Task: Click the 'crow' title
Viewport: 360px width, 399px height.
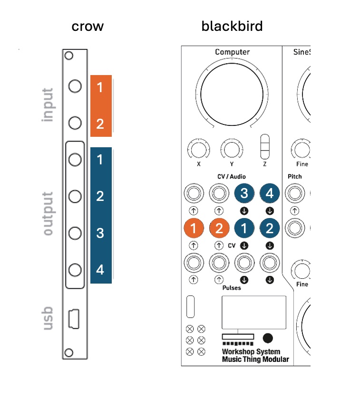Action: tap(88, 26)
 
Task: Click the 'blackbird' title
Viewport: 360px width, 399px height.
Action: tap(232, 26)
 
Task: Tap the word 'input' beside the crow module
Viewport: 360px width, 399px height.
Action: tap(48, 104)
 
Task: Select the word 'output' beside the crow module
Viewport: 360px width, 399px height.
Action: tap(48, 214)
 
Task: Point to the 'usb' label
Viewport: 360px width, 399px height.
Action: tap(48, 318)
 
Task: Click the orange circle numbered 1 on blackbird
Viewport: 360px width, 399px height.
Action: tap(194, 228)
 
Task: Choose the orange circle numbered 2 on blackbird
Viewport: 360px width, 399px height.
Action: tap(219, 228)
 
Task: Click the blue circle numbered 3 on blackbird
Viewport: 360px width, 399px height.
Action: tap(244, 193)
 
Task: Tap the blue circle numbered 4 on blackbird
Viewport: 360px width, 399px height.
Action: tap(270, 193)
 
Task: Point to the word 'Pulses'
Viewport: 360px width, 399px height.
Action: tap(232, 287)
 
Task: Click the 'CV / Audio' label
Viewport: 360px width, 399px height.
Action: tap(232, 177)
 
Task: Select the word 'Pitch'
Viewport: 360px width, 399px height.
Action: tap(295, 177)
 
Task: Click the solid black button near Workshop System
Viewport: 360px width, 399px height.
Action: tap(268, 338)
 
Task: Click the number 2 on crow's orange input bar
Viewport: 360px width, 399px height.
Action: tap(100, 124)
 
